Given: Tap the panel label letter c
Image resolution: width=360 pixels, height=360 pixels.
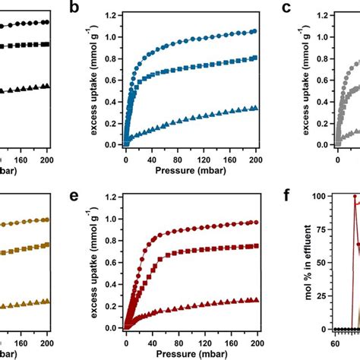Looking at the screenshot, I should point(286,9).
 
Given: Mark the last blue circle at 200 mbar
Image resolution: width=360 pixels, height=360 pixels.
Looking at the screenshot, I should point(254,31).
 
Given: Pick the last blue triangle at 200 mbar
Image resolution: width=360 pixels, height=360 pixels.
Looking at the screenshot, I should point(254,108).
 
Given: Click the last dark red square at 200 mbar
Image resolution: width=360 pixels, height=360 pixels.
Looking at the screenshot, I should point(254,246).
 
